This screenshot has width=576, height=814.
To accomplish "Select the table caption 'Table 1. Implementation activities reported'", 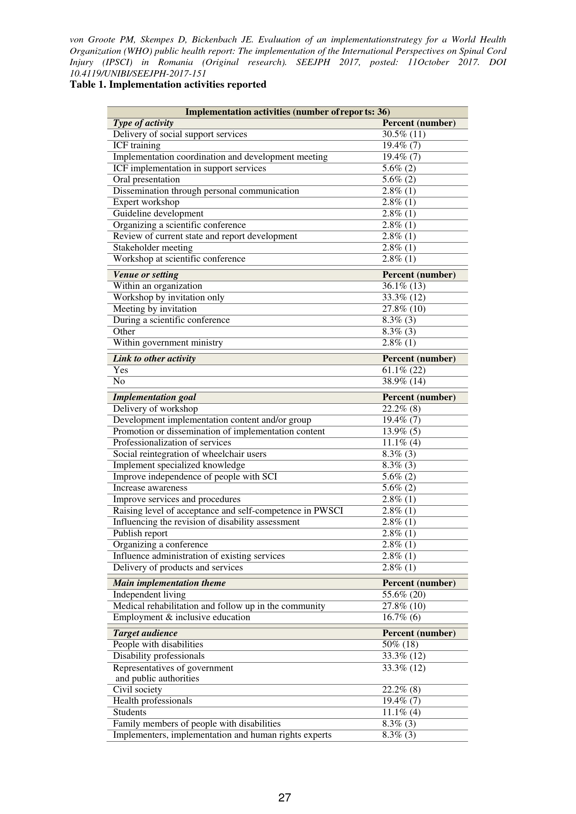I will pos(168,84).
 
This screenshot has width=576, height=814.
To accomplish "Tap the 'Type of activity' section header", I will pos(143,123).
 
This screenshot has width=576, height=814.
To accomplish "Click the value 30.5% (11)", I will pos(404,134).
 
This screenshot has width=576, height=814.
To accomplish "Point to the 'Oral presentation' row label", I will pos(146,179).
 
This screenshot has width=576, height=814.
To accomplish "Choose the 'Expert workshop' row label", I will pos(146,202).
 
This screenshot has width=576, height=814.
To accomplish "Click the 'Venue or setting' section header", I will pos(146,275).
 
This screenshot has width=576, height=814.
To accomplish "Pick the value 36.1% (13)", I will pos(404,286).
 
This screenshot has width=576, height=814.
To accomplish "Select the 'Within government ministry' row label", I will pos(168,342).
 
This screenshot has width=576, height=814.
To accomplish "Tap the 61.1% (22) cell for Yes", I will pos(404,370).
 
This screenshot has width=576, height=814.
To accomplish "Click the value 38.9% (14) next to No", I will pos(404,381).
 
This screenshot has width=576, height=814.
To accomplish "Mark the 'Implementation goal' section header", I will pos(154,397).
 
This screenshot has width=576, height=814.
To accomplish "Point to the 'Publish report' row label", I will pos(140,533).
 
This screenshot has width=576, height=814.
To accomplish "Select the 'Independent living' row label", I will pos(149,594).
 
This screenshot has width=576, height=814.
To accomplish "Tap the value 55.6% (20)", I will pos(404,594).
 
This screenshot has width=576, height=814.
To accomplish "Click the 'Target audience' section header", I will pos(145,633).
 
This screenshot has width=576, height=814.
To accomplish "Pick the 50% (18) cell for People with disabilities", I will pos(400,644).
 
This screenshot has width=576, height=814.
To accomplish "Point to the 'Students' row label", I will pos(130,712).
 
